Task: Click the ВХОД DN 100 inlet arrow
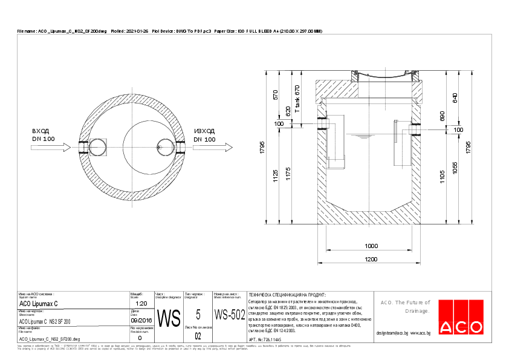point(54,147)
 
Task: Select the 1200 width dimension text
point(371,259)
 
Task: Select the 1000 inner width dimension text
point(371,246)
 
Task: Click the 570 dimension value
point(275,94)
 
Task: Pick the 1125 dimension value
point(275,175)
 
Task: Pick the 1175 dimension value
point(288,175)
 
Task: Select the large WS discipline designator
point(169,317)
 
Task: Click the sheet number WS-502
point(230,315)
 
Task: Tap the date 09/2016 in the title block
point(141,320)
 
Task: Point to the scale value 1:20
point(141,303)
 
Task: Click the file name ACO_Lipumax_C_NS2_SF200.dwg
point(50,340)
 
